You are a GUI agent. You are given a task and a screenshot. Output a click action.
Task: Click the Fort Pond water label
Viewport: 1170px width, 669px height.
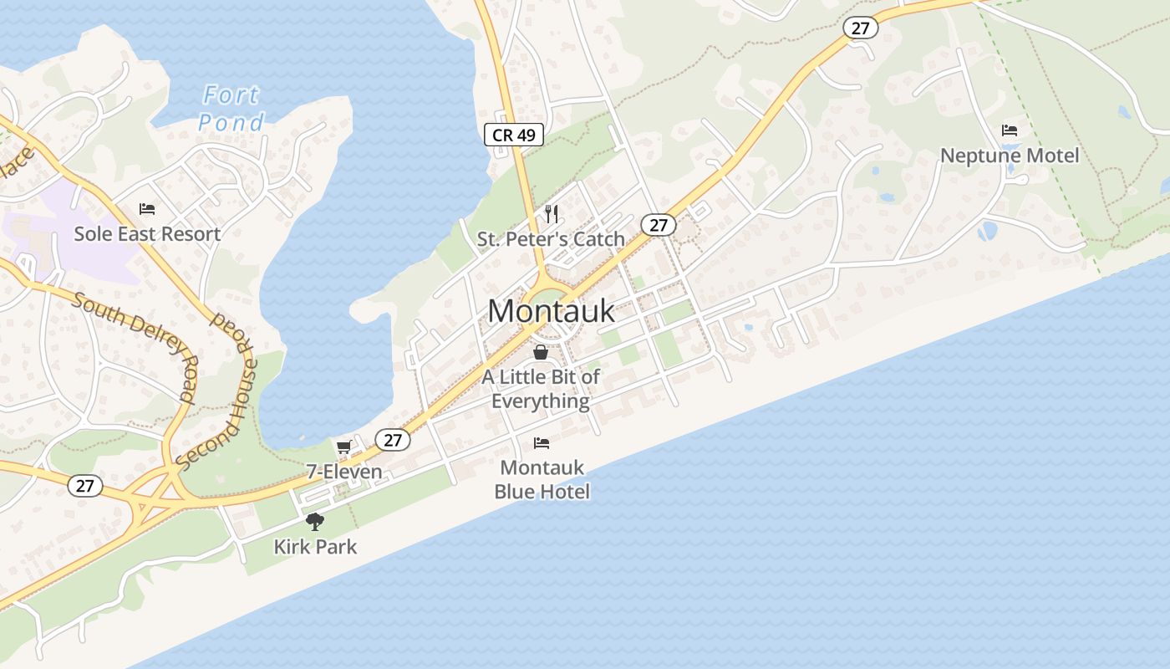[231, 109]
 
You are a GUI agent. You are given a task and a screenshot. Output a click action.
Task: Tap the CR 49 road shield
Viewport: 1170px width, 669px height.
[514, 134]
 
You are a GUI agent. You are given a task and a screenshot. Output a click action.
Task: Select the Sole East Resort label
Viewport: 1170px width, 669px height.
[147, 233]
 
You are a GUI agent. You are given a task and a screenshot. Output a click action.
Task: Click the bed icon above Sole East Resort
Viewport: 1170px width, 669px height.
[147, 209]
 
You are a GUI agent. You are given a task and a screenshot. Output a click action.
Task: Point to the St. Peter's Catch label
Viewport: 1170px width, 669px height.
[551, 239]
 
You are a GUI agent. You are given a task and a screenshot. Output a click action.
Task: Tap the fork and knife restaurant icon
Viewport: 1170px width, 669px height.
[551, 214]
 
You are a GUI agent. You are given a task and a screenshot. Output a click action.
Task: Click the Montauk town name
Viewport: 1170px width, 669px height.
[551, 311]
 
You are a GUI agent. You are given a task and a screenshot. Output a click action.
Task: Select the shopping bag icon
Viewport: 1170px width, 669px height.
[541, 352]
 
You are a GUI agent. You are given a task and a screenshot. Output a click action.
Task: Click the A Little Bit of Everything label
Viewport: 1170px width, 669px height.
[541, 389]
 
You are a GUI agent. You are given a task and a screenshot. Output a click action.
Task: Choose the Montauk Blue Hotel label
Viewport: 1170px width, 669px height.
[542, 479]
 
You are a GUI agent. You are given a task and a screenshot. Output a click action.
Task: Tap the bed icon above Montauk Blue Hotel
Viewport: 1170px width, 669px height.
[542, 442]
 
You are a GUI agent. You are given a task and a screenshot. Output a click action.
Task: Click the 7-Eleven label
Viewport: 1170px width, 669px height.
[344, 472]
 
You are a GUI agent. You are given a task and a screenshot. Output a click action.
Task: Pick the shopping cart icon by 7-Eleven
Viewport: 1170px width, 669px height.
[343, 447]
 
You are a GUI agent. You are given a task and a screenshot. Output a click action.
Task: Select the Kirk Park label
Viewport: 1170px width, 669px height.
[315, 547]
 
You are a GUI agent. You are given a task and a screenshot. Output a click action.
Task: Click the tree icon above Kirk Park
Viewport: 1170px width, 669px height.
[315, 522]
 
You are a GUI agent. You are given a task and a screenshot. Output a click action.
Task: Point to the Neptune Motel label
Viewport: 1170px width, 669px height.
[1010, 156]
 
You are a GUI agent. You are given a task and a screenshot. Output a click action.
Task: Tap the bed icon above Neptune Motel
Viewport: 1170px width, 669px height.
[1010, 130]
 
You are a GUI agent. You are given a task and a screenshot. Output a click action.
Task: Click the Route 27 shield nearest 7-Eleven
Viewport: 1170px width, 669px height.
[393, 440]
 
